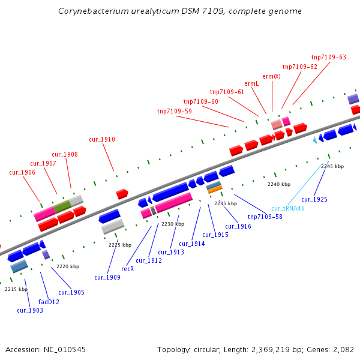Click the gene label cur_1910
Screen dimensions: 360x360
(102, 140)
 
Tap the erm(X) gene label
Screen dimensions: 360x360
(272, 76)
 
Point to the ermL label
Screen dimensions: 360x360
(251, 84)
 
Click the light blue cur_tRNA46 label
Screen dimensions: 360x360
(288, 208)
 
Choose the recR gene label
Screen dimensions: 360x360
(127, 269)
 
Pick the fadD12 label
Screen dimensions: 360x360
(49, 302)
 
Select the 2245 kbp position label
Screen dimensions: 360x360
(332, 166)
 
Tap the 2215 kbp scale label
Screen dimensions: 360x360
(16, 289)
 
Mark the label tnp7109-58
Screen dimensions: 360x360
(265, 217)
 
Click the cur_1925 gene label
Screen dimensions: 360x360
(314, 199)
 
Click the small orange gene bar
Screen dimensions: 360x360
(215, 190)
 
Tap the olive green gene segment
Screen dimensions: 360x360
(62, 207)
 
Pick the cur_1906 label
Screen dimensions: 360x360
(22, 173)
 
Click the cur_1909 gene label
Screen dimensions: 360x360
(107, 277)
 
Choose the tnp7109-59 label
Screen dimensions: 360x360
(175, 111)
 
